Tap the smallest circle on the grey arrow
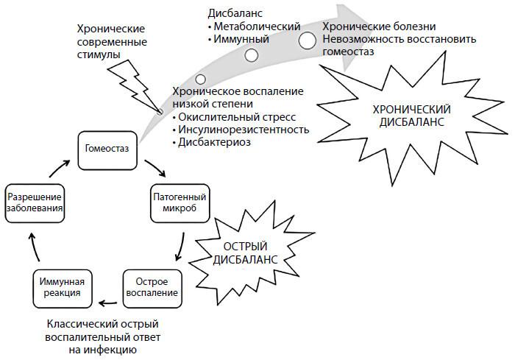tap(200, 79)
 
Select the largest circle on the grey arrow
tap(308, 41)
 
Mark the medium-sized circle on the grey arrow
tap(252, 55)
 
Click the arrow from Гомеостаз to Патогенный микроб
tap(154, 169)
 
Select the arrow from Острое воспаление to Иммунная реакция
tap(110, 300)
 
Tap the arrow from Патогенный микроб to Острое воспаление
tap(180, 247)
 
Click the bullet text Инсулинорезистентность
tap(244, 130)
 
